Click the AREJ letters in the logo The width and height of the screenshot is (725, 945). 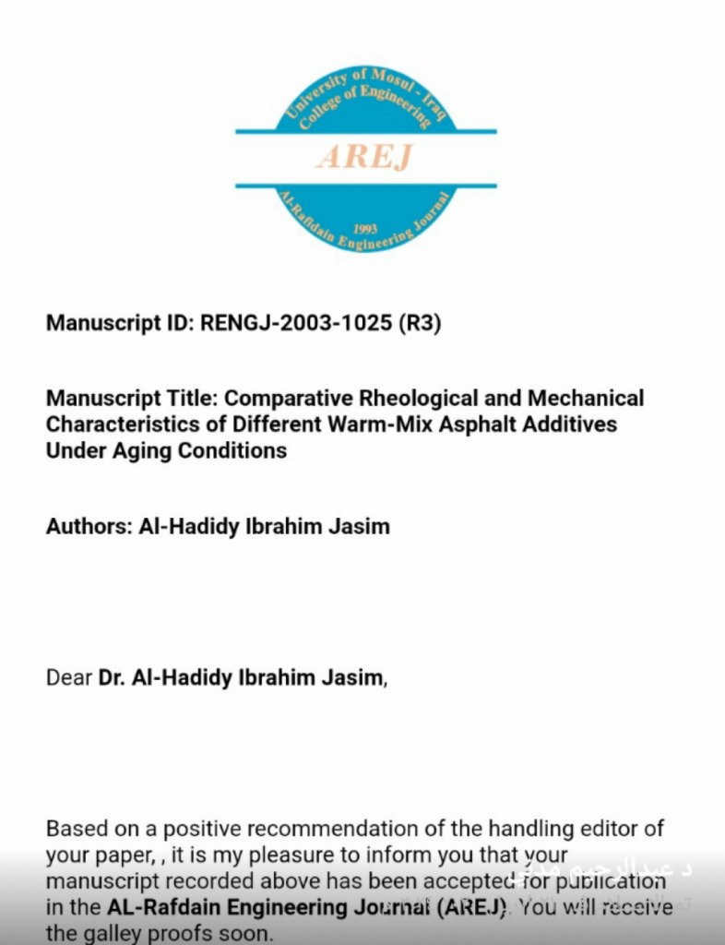365,157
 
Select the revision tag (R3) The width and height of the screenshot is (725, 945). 420,324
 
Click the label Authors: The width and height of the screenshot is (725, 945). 89,527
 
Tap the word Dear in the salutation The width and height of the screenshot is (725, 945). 69,677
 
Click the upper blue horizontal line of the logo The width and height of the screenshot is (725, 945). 365,132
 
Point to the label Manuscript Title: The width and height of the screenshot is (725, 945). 133,399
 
